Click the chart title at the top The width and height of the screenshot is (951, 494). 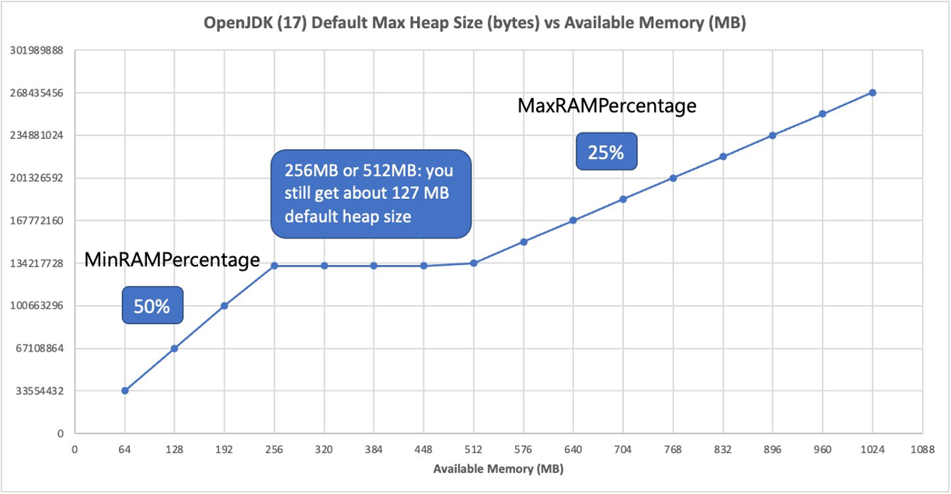[475, 23]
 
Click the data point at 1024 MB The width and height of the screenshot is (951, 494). [873, 92]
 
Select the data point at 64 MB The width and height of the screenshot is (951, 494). [124, 391]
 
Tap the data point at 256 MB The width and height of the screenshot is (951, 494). [274, 266]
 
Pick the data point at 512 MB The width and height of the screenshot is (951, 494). [474, 263]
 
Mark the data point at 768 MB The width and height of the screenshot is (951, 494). [673, 178]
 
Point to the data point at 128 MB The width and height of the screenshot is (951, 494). [175, 348]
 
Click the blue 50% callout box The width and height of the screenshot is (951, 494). [152, 306]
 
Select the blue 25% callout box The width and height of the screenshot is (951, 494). [606, 152]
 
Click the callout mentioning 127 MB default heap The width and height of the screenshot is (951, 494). [371, 193]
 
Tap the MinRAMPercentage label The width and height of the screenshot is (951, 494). [172, 260]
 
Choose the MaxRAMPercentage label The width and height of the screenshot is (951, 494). [607, 106]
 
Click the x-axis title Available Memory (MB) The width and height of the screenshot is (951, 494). [498, 469]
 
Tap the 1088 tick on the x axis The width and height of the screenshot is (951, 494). [922, 450]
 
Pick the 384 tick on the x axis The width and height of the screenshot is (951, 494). [374, 450]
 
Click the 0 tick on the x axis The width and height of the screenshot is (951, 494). [75, 450]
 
